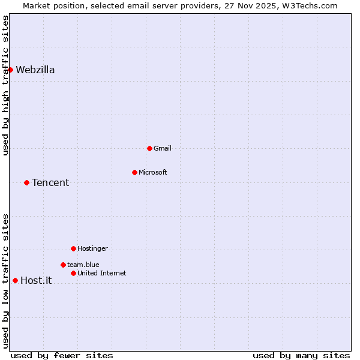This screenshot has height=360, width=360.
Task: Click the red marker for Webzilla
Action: tap(10, 70)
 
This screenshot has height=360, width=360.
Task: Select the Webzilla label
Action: tap(35, 70)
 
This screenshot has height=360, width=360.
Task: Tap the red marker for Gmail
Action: tap(149, 148)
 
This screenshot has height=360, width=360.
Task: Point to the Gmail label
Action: tap(163, 148)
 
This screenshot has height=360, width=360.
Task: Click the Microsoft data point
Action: tap(134, 172)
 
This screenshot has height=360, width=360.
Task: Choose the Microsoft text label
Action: tap(152, 172)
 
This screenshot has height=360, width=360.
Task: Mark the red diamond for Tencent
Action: tap(26, 182)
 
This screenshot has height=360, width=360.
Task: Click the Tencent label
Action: tap(50, 182)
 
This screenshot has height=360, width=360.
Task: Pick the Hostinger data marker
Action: tap(73, 248)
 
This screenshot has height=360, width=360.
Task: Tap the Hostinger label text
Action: tap(92, 248)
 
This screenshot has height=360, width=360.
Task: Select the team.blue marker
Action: tap(63, 265)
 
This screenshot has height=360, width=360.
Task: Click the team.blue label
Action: tap(83, 265)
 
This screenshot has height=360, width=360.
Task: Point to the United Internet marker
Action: tap(73, 273)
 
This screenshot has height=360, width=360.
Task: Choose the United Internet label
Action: tap(101, 273)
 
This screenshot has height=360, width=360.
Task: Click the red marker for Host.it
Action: tap(15, 280)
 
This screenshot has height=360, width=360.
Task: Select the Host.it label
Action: tap(36, 280)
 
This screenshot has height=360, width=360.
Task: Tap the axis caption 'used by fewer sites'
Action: tap(62, 355)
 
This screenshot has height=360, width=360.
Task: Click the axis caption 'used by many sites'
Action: tap(301, 355)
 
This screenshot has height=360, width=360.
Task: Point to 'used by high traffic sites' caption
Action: tap(5, 85)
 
